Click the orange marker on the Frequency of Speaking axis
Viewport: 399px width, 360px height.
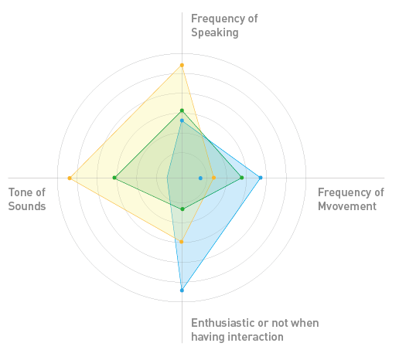(x=182, y=65)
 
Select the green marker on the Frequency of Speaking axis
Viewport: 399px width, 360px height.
(x=182, y=110)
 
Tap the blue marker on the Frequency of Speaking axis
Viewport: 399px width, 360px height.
(x=182, y=121)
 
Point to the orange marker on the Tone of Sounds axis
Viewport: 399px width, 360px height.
(x=70, y=178)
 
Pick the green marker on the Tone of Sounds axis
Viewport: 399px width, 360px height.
(x=114, y=178)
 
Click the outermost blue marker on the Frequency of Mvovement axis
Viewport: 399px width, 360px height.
(x=261, y=178)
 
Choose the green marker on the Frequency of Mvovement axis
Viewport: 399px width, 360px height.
(x=242, y=178)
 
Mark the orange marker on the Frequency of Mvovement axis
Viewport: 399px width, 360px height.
(x=213, y=178)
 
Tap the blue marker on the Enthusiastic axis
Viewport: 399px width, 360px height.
(x=182, y=290)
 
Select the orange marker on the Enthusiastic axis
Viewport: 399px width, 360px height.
(x=182, y=242)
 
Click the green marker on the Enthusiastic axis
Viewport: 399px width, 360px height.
(x=182, y=209)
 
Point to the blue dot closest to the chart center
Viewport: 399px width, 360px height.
(x=200, y=178)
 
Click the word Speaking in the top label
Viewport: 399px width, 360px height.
(x=215, y=32)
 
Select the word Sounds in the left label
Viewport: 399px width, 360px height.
(x=27, y=206)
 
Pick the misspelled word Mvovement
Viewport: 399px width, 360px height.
(x=347, y=206)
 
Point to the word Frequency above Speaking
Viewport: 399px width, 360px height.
(x=217, y=19)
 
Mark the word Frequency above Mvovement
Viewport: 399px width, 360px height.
(x=343, y=193)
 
